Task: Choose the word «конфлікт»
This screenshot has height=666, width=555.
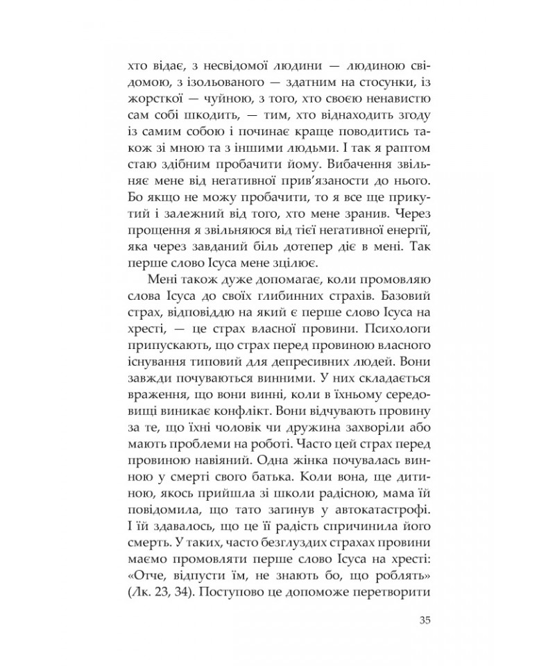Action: coord(280,400)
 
